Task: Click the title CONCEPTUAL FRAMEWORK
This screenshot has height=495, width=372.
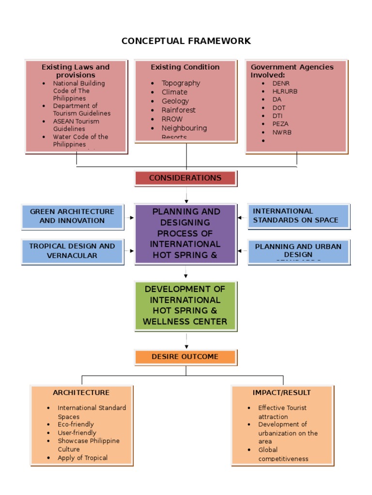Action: (186, 41)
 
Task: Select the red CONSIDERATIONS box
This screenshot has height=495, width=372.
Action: (185, 178)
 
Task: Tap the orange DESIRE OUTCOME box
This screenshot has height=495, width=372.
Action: (185, 357)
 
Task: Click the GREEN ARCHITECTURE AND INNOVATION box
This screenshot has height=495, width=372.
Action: (72, 216)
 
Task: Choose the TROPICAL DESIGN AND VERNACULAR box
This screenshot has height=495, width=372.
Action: (72, 251)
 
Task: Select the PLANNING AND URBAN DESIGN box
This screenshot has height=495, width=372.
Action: (298, 250)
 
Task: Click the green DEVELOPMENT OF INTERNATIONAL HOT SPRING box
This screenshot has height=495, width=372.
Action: (185, 306)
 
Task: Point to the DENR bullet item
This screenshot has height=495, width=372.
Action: (280, 83)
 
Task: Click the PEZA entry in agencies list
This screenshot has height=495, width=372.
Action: (280, 124)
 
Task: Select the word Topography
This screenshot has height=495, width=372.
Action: (181, 83)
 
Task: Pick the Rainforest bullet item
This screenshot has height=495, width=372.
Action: (178, 110)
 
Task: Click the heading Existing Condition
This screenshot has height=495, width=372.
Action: (185, 67)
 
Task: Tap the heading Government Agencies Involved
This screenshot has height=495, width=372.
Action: (292, 71)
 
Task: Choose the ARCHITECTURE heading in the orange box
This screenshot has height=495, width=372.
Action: (81, 393)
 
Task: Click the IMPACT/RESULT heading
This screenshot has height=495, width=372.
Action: (282, 393)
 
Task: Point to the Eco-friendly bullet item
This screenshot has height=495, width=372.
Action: (76, 424)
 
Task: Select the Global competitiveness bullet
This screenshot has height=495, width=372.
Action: (283, 454)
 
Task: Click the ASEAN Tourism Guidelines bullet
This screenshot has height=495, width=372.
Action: (76, 125)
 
